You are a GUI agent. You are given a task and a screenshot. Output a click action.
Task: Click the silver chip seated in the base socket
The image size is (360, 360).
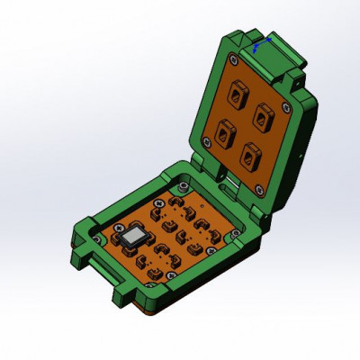click(x=134, y=238)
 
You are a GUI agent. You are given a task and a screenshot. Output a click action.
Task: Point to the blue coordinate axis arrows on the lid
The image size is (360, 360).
click(x=258, y=44)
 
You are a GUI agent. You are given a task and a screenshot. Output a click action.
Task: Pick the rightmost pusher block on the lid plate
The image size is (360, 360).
click(x=263, y=113)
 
